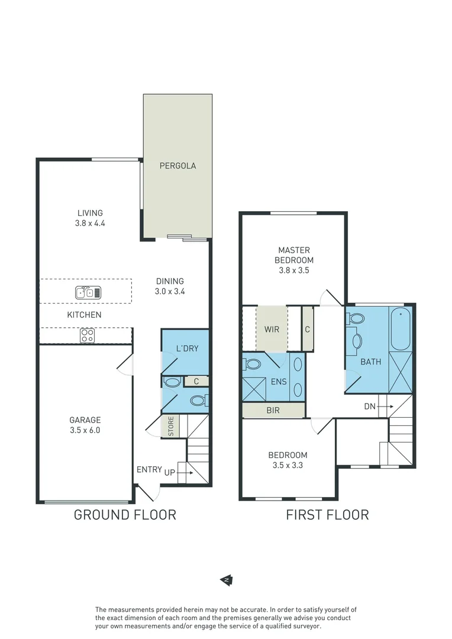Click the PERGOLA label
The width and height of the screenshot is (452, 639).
coord(177,166)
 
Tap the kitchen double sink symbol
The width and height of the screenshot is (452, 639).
coord(89,292)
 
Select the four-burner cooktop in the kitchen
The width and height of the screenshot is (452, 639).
coord(87,335)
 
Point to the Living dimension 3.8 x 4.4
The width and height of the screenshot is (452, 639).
coord(90,224)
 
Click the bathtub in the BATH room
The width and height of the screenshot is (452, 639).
coord(401,329)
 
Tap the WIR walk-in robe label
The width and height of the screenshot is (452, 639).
coord(272,329)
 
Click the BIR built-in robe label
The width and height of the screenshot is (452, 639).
coord(273,410)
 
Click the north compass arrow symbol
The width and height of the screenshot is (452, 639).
coord(225,580)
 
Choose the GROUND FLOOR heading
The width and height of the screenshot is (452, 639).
coord(125,515)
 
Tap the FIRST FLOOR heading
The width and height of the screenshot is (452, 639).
coord(327,515)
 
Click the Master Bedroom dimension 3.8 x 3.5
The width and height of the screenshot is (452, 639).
coord(294,270)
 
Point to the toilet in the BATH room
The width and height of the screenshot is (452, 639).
coord(357,319)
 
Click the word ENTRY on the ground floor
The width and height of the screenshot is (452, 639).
coord(149,469)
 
